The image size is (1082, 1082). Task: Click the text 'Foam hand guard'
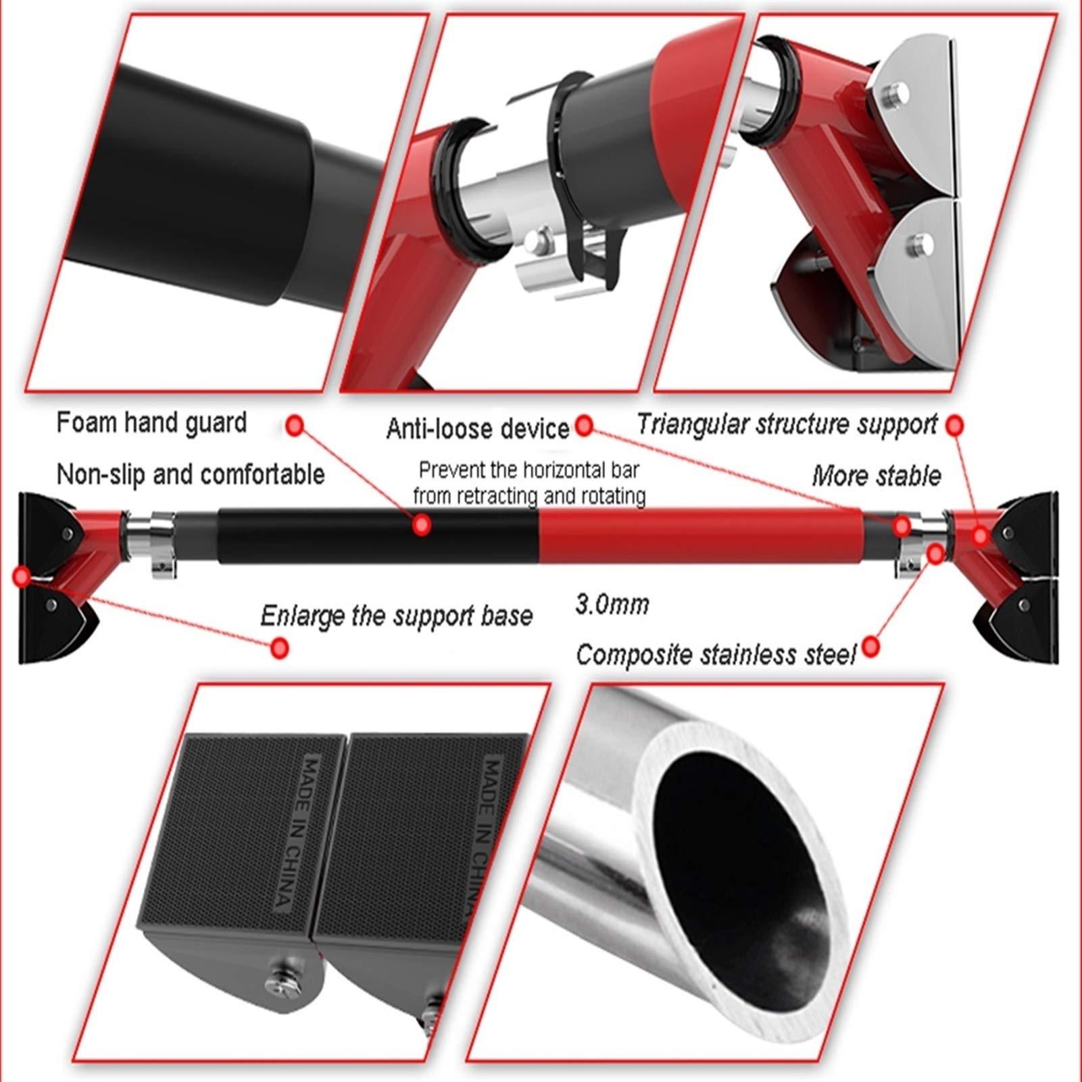click(151, 423)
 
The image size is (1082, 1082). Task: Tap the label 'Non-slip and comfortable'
click(191, 474)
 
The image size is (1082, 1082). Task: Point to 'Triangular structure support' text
click(787, 424)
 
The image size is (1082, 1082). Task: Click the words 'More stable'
click(876, 476)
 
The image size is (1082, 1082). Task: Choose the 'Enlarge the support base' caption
click(397, 616)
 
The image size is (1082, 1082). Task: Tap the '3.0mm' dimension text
click(612, 604)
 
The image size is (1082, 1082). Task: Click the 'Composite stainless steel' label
click(716, 655)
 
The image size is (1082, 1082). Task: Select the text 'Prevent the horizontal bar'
click(528, 470)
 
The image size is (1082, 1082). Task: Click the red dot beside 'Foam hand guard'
click(295, 425)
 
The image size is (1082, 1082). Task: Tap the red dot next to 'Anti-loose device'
click(585, 425)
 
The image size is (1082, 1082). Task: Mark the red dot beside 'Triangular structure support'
click(954, 426)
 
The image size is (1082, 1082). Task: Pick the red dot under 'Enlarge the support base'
click(279, 648)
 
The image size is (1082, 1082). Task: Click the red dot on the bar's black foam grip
click(422, 525)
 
